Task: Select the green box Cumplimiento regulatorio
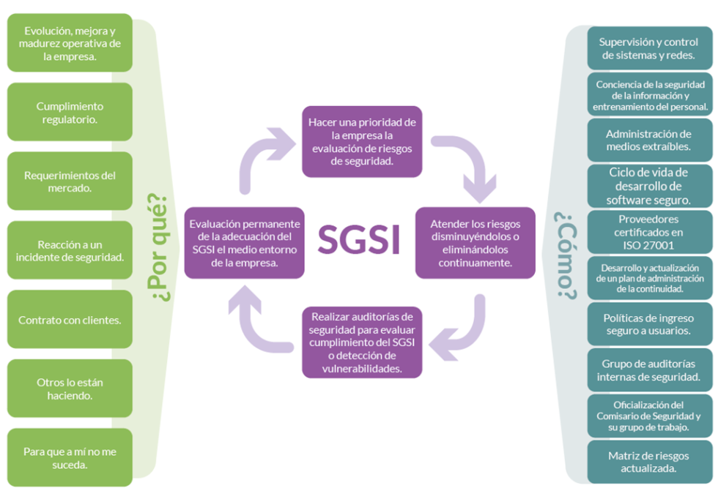click(x=70, y=112)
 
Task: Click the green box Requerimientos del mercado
click(x=70, y=181)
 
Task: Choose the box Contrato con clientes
click(x=70, y=320)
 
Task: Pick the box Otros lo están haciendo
click(x=70, y=389)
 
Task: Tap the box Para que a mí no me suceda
click(x=70, y=457)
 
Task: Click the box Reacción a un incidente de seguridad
click(x=70, y=250)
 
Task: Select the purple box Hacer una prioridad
click(x=362, y=141)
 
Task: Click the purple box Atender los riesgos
click(x=475, y=243)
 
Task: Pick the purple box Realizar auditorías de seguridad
click(x=362, y=342)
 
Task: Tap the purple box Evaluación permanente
click(x=244, y=243)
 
